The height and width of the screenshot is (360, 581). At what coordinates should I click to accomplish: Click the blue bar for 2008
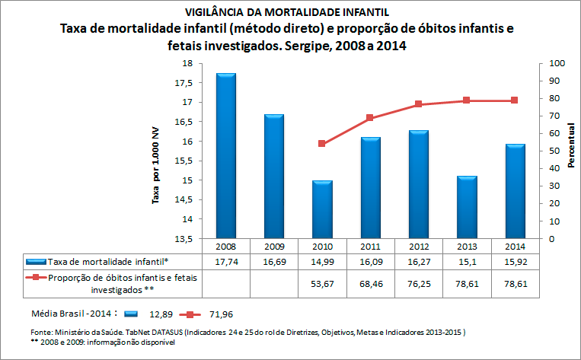226,155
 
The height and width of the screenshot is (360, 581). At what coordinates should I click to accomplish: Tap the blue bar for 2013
467,207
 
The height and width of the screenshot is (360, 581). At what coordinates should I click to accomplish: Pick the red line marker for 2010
322,143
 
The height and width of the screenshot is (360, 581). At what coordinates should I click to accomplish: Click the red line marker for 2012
419,104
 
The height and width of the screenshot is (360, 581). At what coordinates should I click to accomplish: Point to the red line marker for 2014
515,100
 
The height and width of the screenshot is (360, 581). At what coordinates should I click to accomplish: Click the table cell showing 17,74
226,261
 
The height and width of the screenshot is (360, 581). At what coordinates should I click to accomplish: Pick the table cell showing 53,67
322,285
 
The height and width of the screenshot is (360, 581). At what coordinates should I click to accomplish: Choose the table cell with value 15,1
467,261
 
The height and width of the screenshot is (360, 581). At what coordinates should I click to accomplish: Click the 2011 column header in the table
371,247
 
